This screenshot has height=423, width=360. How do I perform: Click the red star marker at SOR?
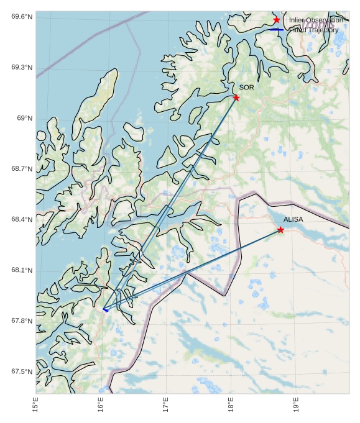click(x=236, y=98)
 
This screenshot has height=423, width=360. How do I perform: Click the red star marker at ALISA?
click(x=280, y=230)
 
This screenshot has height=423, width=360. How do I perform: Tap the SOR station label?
click(x=246, y=88)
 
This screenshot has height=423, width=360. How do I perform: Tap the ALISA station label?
click(x=293, y=219)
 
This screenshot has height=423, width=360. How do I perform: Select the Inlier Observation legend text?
click(x=316, y=20)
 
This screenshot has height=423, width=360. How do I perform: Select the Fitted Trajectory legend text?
click(x=315, y=30)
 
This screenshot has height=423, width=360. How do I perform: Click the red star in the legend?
click(x=277, y=20)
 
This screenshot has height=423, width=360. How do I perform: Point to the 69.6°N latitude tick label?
click(x=22, y=17)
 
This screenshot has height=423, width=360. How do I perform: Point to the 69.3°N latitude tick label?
click(x=22, y=68)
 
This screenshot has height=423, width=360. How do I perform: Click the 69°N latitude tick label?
click(x=24, y=119)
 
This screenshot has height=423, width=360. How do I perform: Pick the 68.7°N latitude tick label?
click(x=22, y=169)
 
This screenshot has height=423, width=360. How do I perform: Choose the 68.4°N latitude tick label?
click(x=22, y=220)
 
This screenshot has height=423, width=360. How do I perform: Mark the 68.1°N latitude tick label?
click(x=22, y=270)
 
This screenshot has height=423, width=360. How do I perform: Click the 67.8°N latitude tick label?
click(x=22, y=321)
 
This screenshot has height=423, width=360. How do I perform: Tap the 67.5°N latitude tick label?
click(x=22, y=371)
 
